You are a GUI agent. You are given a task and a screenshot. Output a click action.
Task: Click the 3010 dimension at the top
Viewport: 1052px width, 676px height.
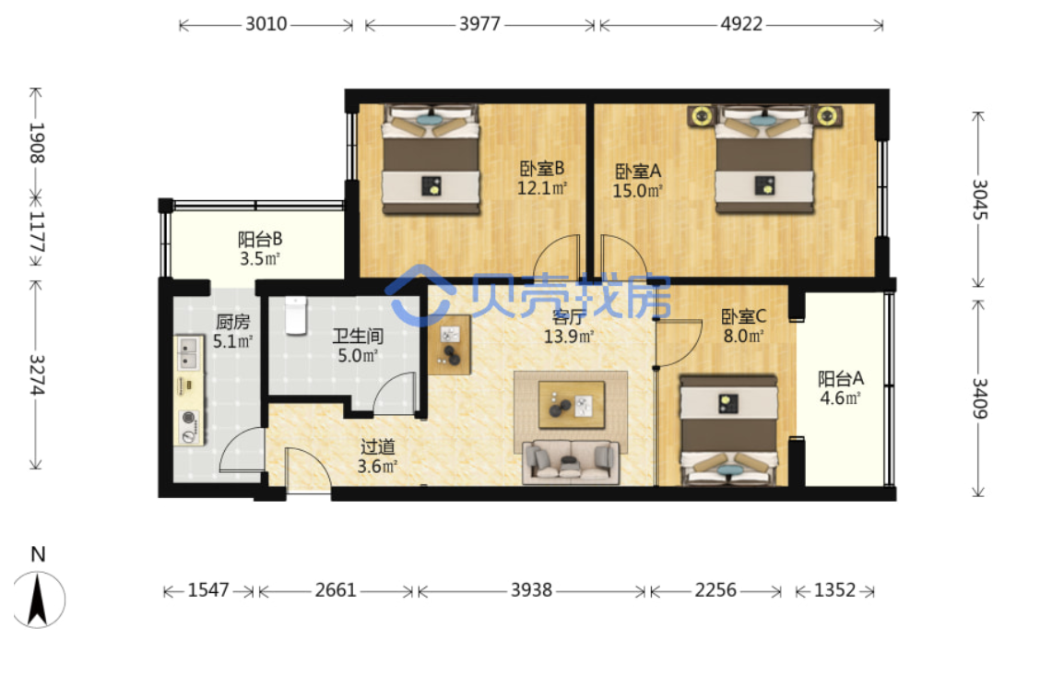point(266,24)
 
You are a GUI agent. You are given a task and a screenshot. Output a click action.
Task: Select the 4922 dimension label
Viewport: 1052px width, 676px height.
point(741,24)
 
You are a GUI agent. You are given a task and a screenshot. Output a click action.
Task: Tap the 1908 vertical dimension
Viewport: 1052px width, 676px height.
point(37,142)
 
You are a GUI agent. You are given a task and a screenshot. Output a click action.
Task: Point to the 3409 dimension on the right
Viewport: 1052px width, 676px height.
point(979,398)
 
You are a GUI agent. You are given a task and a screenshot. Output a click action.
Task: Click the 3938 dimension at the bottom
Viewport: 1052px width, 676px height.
point(531,590)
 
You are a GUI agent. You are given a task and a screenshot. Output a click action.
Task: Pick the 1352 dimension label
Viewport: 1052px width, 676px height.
point(834,590)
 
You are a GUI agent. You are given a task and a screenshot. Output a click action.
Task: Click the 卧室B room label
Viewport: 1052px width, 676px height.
point(542,169)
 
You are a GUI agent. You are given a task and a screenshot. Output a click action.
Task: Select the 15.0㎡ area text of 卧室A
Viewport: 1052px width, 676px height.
point(637,191)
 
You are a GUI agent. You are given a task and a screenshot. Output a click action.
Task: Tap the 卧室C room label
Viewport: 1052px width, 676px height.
point(743,316)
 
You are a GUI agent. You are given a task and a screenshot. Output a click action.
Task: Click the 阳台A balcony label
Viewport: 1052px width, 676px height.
point(840,379)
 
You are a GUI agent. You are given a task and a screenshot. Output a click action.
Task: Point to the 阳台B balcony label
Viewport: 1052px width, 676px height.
point(260,239)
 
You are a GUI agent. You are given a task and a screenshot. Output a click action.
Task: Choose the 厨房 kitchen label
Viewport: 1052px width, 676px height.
point(233,322)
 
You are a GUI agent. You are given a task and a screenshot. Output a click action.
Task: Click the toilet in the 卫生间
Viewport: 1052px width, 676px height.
point(296,315)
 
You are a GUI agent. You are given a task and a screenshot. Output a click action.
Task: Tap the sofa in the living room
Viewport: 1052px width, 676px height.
point(571,462)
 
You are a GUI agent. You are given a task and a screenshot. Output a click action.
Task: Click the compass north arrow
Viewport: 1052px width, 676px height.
point(37,599)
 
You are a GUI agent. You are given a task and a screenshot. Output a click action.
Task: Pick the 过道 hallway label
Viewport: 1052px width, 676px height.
point(377,447)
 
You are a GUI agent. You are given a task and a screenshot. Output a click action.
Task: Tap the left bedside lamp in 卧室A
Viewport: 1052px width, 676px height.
point(701,116)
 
